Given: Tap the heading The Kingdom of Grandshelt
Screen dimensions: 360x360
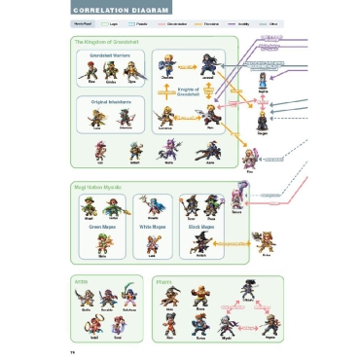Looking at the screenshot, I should click(x=107, y=43).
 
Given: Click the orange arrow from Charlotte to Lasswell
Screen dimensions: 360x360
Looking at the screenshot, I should click(x=188, y=69).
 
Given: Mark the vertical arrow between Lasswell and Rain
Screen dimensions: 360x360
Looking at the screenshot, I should click(x=208, y=90).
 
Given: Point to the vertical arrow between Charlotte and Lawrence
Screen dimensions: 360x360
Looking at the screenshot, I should click(x=167, y=92).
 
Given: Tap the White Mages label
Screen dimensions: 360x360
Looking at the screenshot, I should click(x=152, y=226).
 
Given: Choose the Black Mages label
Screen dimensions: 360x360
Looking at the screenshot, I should click(x=201, y=226).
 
